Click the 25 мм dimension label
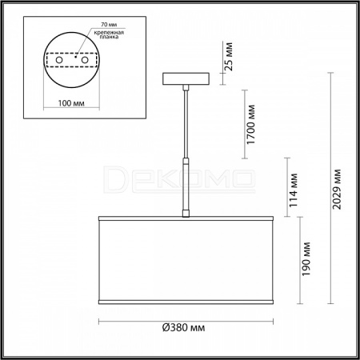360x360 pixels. click(x=229, y=56)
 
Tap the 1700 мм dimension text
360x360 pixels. click(x=250, y=125)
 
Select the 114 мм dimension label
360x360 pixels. click(x=294, y=190)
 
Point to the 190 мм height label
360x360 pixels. click(x=306, y=259)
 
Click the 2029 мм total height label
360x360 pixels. click(x=337, y=189)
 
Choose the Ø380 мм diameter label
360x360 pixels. click(x=184, y=327)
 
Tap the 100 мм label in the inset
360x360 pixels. click(x=71, y=103)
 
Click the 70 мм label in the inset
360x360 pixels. click(x=109, y=24)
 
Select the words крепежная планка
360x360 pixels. click(x=109, y=34)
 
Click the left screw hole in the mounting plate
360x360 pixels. click(x=59, y=60)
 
